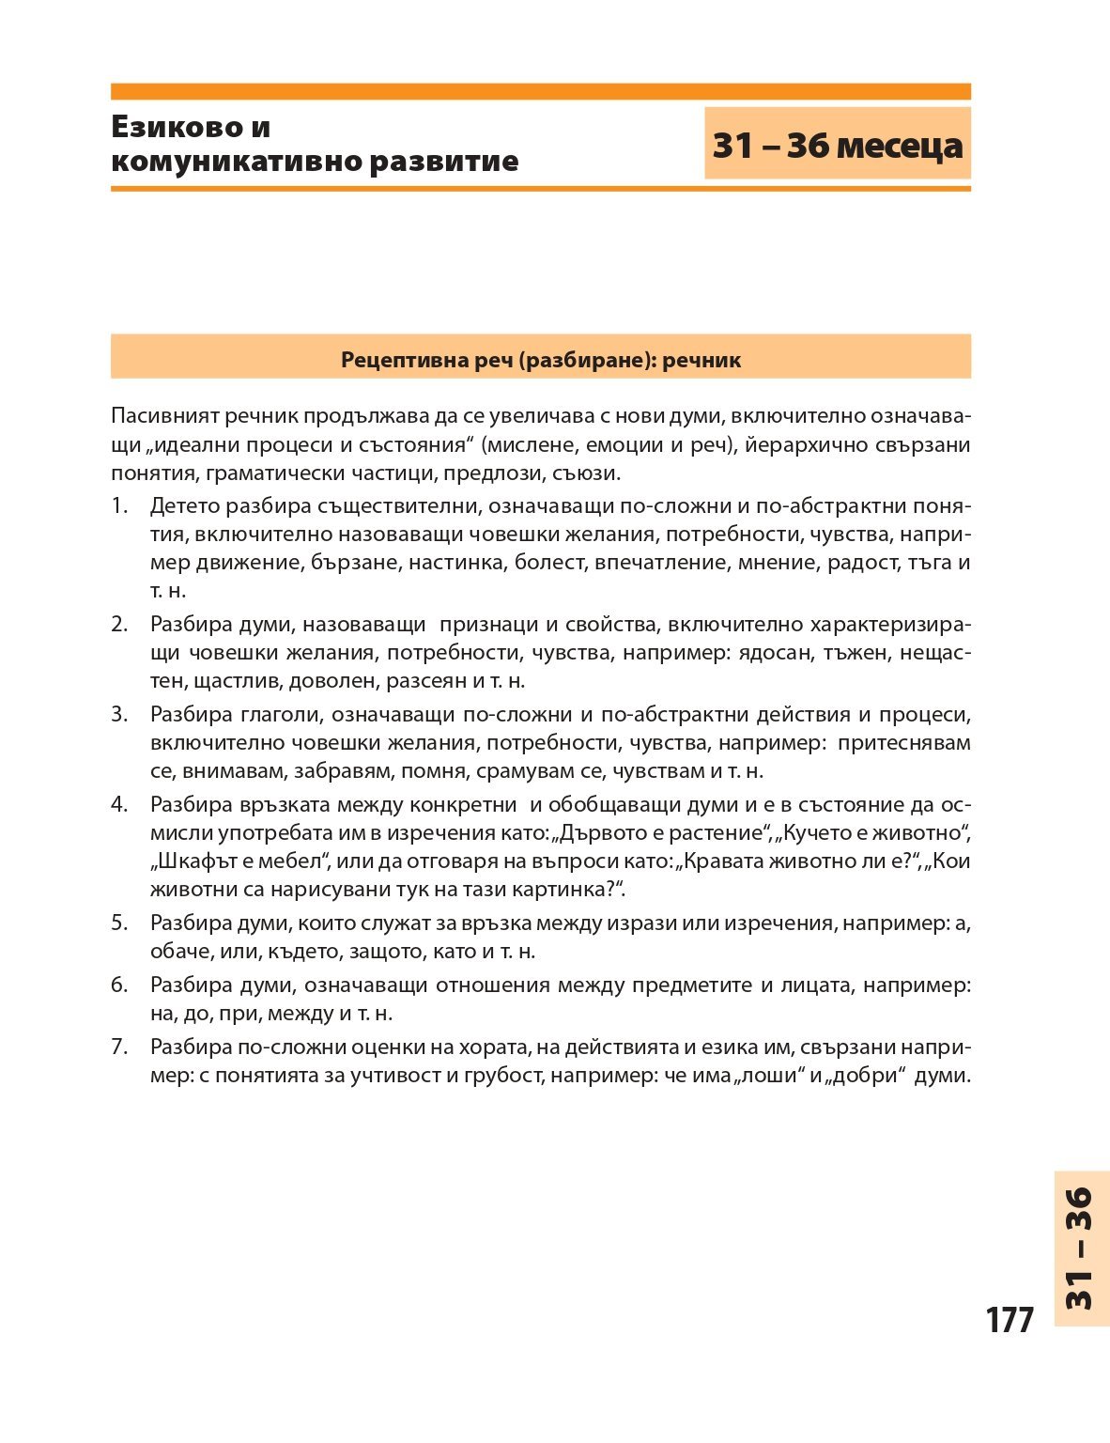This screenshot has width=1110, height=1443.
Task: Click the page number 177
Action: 1010,1320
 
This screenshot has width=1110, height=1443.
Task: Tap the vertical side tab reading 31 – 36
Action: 1082,1249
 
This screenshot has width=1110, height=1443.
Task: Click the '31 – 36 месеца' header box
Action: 837,145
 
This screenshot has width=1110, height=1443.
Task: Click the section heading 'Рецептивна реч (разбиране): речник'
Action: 540,360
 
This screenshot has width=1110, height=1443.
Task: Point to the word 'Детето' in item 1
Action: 182,506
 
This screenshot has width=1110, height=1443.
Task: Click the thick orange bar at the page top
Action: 540,91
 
